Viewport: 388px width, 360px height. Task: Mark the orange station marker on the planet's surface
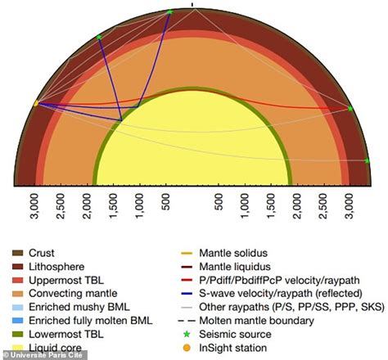pos(36,104)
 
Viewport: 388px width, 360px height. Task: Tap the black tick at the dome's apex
pos(193,4)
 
